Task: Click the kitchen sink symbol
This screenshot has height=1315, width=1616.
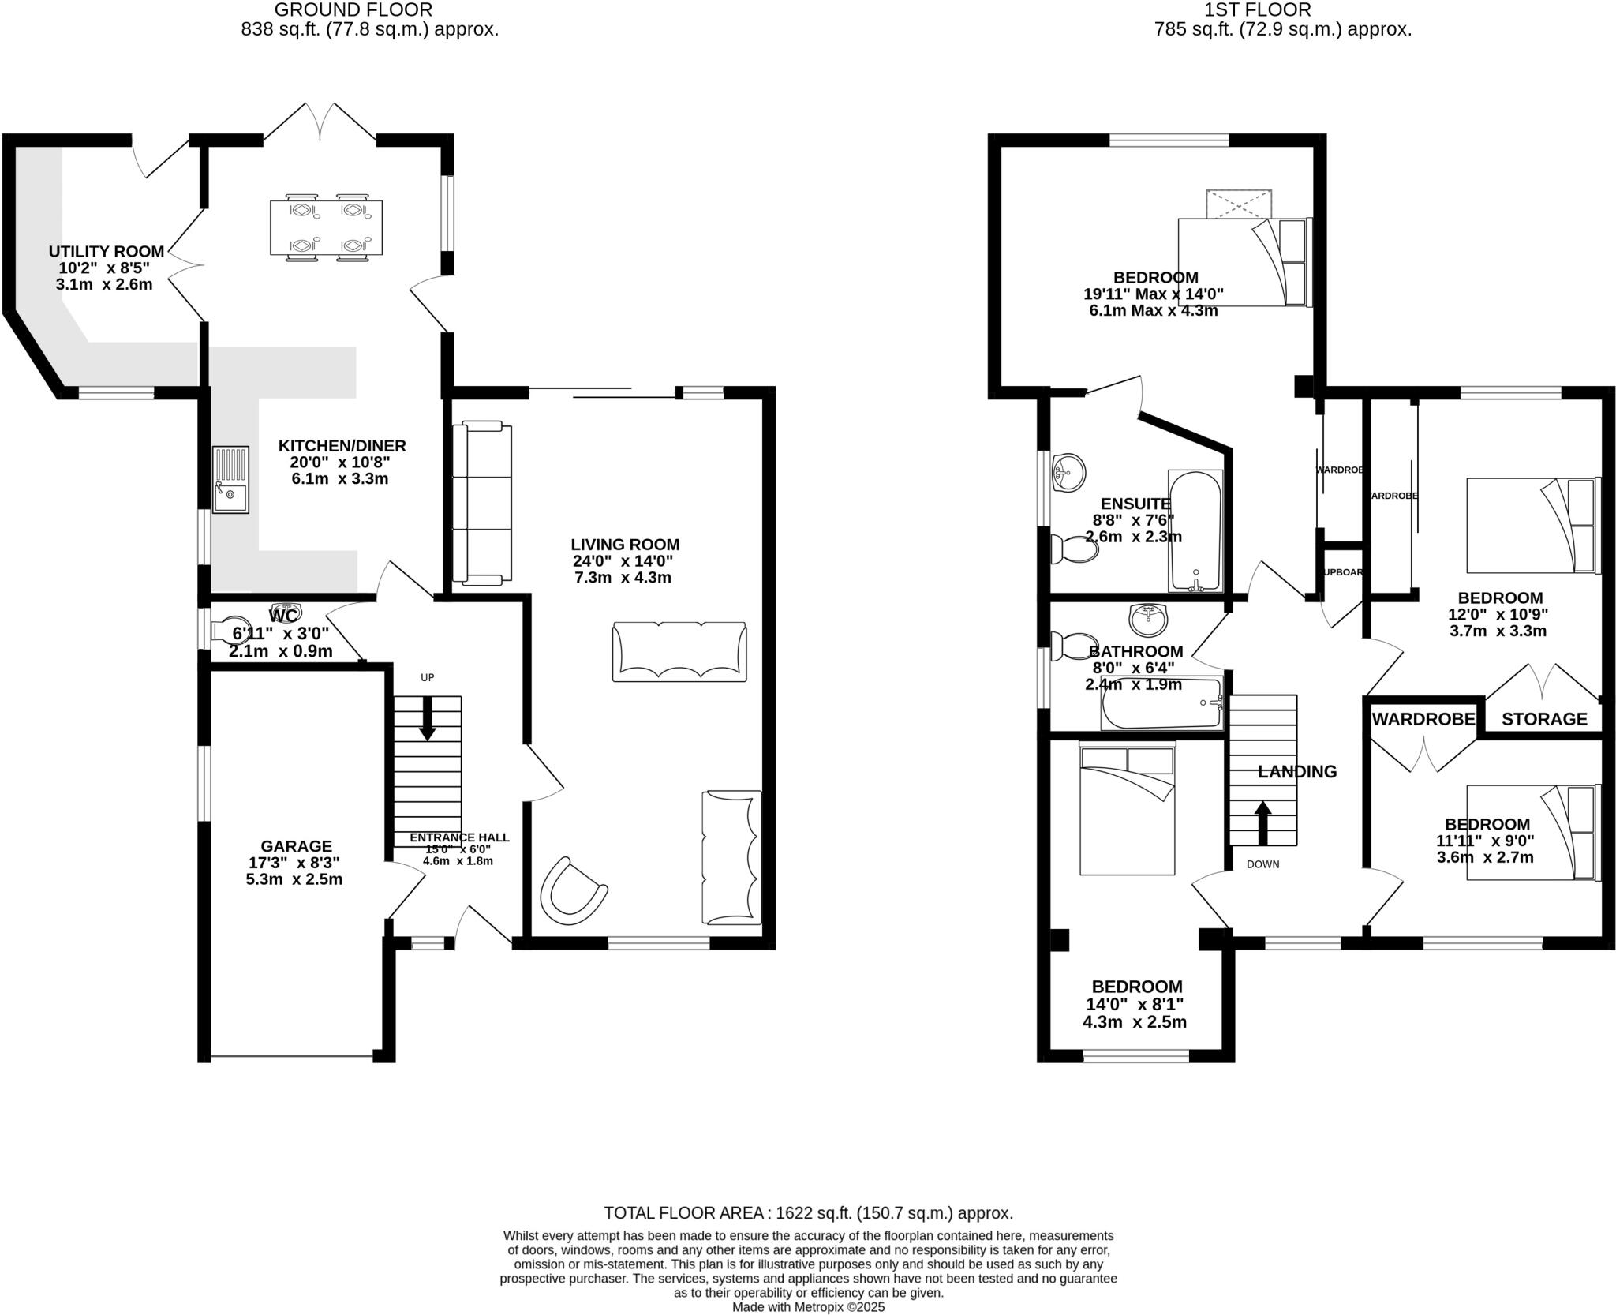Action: tap(230, 479)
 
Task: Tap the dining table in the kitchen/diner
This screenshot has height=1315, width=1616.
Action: tap(326, 228)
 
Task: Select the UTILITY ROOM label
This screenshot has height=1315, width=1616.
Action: tap(107, 251)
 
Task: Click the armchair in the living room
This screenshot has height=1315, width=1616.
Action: tap(572, 891)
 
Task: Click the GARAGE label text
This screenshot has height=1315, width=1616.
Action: tap(297, 846)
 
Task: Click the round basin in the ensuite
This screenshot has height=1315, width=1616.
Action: tap(1068, 473)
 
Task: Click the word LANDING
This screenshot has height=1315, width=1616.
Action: tap(1296, 771)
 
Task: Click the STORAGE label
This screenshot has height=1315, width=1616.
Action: tap(1543, 719)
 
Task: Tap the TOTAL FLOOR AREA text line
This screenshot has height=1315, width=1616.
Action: tap(808, 1213)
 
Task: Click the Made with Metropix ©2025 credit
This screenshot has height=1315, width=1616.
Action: tap(808, 1307)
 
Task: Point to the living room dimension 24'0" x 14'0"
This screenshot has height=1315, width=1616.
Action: tap(623, 561)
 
